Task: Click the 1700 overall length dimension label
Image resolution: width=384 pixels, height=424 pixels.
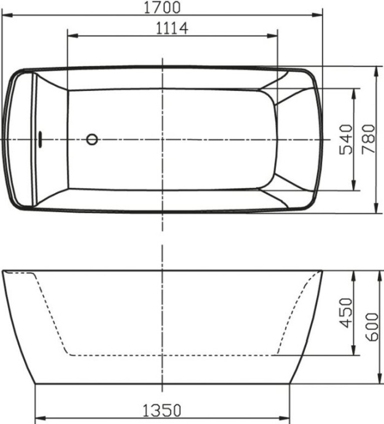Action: coord(162,7)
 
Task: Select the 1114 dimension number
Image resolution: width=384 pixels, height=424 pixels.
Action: coord(171,28)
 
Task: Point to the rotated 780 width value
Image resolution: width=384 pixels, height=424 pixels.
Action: coord(367,139)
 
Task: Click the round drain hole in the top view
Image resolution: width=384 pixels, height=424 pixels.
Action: coord(92,139)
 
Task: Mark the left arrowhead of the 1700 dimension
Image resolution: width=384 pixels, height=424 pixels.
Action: coord(5,15)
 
